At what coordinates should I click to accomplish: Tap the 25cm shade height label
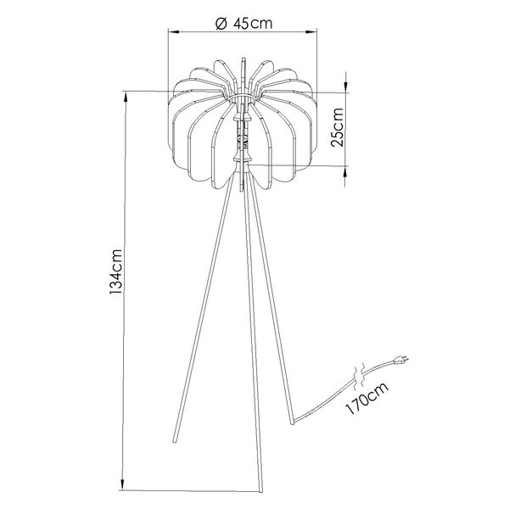point(338,128)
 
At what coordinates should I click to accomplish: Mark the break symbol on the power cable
point(360,372)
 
